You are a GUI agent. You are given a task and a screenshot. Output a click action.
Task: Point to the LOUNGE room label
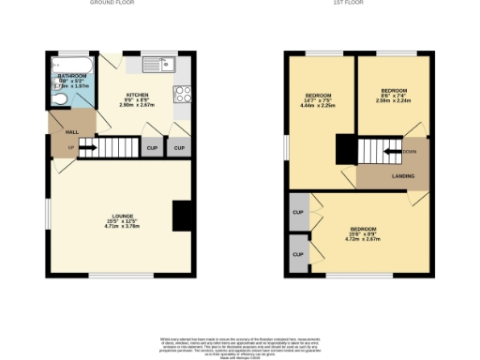click(120, 217)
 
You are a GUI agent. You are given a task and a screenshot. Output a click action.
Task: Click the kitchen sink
click(160, 65)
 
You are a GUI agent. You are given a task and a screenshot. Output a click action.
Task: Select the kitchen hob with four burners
click(183, 94)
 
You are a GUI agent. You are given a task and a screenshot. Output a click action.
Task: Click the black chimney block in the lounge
click(183, 217)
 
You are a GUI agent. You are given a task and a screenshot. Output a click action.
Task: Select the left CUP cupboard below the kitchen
click(151, 147)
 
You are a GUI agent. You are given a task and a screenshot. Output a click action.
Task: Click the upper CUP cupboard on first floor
click(298, 212)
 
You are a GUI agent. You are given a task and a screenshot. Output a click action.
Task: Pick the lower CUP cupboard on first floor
click(298, 254)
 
